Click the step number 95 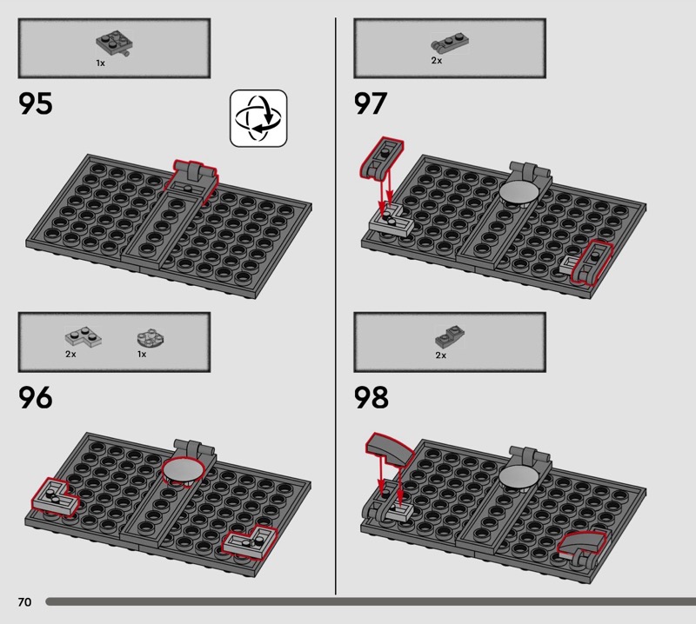coord(35,103)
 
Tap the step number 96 coord(35,397)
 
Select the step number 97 coord(371,103)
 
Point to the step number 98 coord(371,397)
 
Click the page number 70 coord(25,601)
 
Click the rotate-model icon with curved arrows coord(258,118)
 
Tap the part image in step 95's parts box coord(115,43)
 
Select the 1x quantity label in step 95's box coord(101,63)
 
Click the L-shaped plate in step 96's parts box coord(83,337)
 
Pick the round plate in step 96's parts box coord(151,338)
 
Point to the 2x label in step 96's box coord(70,355)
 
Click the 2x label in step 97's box coord(437,61)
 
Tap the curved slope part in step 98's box coord(450,337)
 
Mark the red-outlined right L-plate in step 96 coord(250,543)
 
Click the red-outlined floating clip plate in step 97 coord(381,157)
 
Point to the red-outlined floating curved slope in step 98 coord(389,448)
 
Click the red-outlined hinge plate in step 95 coord(191,181)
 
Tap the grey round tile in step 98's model coord(519,477)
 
